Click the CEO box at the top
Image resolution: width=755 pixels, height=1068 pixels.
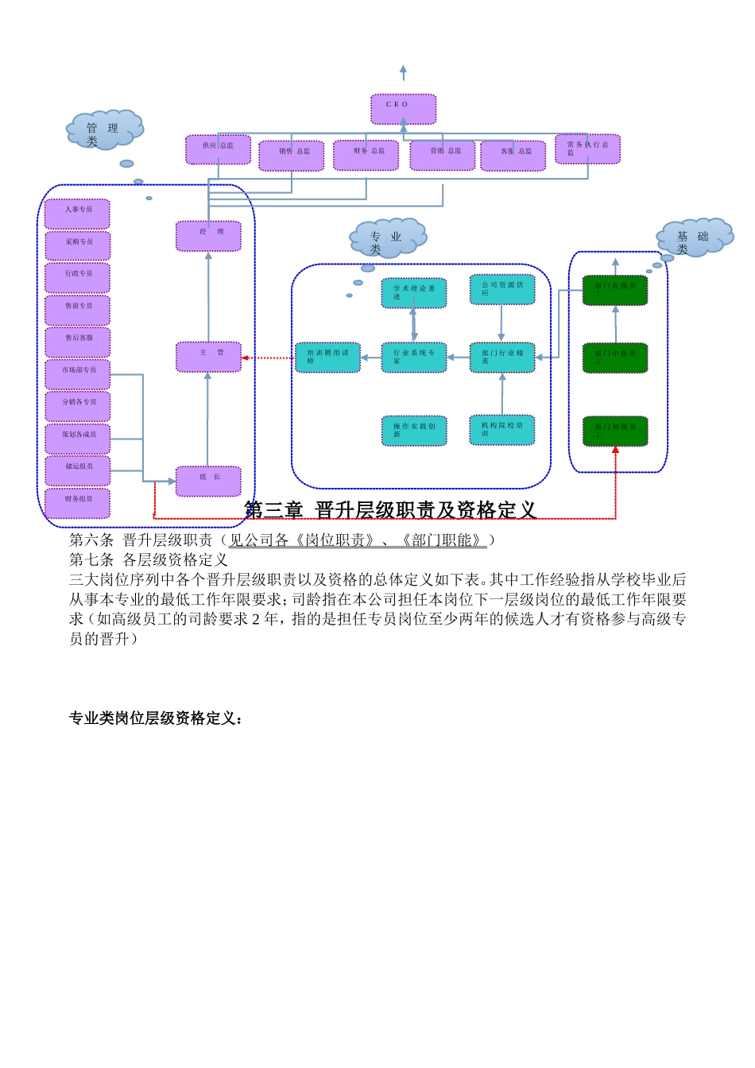(x=403, y=109)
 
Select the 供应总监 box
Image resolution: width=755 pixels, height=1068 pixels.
(x=218, y=149)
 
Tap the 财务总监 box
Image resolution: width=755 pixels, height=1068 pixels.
(x=366, y=155)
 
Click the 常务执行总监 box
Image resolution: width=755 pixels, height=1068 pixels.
(x=587, y=149)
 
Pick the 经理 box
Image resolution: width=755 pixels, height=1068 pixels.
(x=208, y=236)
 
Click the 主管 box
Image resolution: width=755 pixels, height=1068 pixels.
(x=208, y=357)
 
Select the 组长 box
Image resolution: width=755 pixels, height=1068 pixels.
(x=208, y=481)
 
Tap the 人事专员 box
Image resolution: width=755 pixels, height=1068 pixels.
(x=78, y=214)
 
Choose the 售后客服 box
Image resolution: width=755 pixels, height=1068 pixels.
(x=78, y=342)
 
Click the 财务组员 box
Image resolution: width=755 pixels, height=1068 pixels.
(x=78, y=503)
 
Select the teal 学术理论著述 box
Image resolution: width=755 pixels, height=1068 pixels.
(x=413, y=293)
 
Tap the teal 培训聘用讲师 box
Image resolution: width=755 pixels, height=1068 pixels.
(x=327, y=358)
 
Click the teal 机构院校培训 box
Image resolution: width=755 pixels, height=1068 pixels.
(x=501, y=430)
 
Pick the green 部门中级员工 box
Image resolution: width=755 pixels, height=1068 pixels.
(x=615, y=358)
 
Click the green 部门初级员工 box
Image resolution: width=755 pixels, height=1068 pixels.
(x=615, y=431)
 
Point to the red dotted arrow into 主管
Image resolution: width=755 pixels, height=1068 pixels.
(x=268, y=358)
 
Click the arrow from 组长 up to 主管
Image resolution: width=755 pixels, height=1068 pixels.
(x=207, y=418)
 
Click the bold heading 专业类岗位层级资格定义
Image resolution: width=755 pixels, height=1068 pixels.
(x=156, y=718)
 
